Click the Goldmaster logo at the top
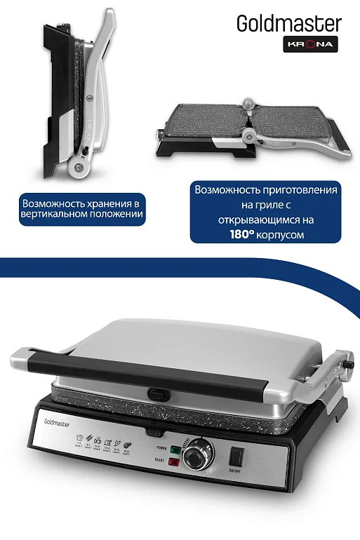[x=288, y=25]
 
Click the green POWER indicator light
[x=175, y=449]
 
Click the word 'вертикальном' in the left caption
[x=53, y=215]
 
